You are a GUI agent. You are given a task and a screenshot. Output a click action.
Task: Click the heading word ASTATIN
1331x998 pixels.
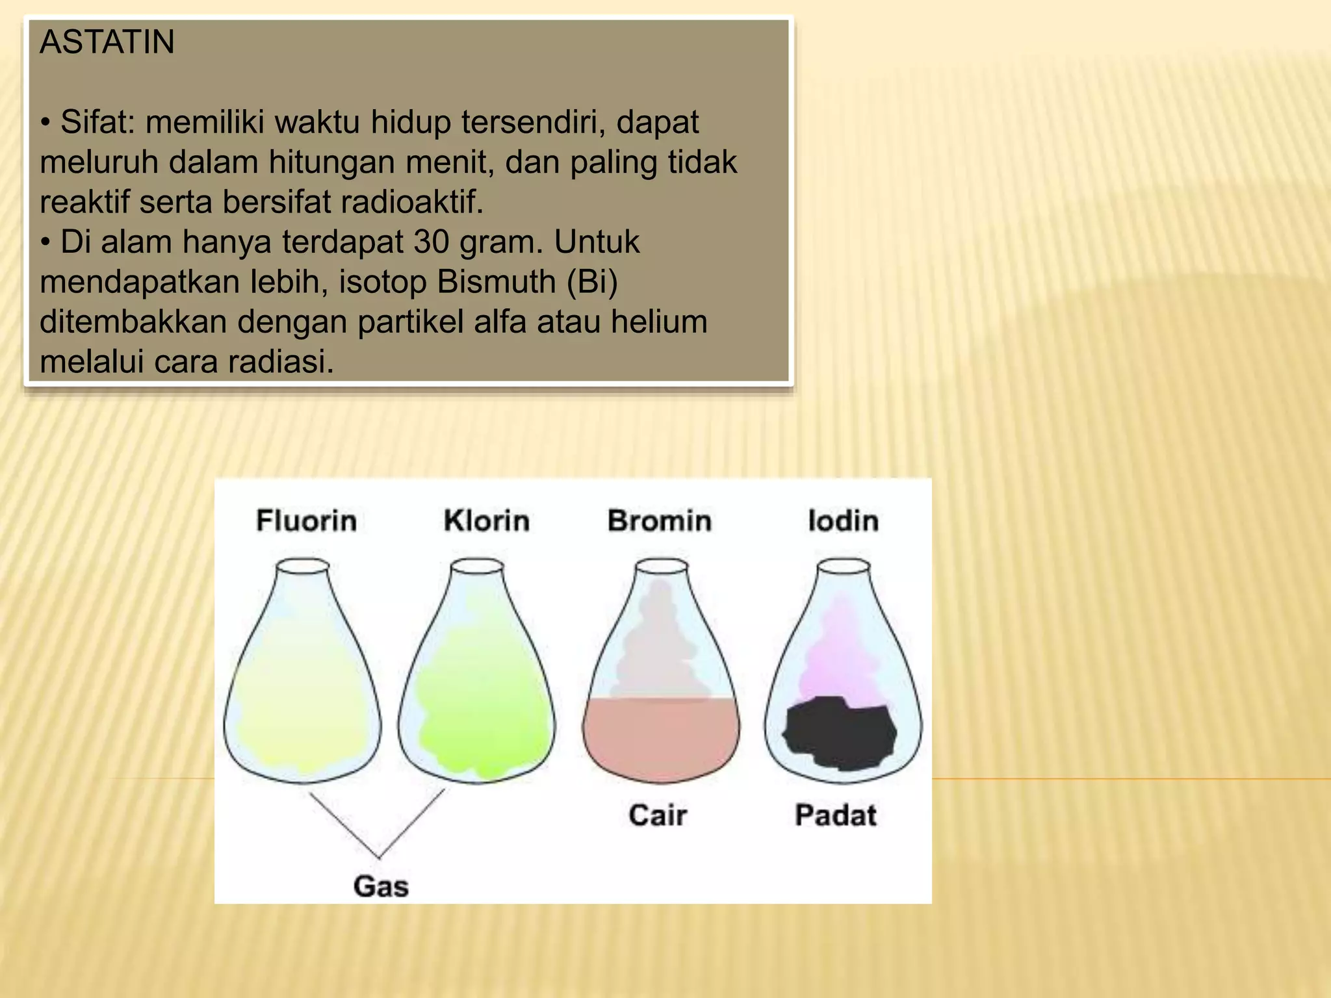(x=107, y=42)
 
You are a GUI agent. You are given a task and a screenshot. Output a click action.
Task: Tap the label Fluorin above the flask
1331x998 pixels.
(x=306, y=521)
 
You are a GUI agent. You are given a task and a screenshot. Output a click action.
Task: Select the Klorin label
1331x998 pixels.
(x=486, y=521)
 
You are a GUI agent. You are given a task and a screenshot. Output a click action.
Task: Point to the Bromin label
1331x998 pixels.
(x=659, y=521)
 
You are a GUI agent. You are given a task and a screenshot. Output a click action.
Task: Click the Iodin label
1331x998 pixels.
(x=843, y=521)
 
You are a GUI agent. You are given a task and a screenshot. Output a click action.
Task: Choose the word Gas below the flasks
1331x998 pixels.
(x=381, y=886)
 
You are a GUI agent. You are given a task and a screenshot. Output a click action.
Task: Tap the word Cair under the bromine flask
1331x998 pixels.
(x=657, y=815)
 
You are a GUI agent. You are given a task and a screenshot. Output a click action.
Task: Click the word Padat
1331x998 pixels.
(x=836, y=815)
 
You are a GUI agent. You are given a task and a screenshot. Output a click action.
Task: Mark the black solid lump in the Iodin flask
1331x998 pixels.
(x=840, y=733)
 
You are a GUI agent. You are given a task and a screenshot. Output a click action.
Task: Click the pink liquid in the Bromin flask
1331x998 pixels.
(x=660, y=737)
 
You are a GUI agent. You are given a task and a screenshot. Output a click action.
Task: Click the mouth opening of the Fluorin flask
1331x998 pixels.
(x=302, y=567)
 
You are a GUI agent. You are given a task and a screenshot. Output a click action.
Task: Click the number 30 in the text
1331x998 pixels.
(x=432, y=242)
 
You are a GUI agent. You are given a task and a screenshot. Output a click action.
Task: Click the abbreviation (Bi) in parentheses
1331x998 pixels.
(x=592, y=282)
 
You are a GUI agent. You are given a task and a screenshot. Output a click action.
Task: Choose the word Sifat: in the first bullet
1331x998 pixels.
(x=97, y=122)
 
